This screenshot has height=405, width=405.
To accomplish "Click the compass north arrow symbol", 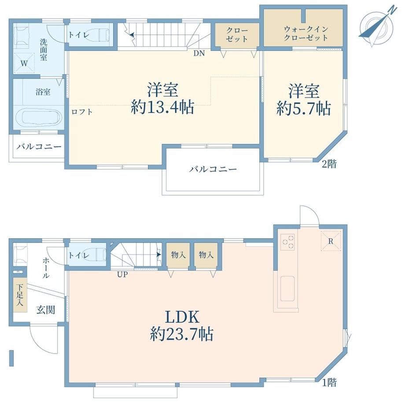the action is (376, 26).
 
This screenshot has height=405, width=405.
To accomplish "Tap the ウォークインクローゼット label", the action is (306, 33).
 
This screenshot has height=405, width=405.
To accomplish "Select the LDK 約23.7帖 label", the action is (182, 325).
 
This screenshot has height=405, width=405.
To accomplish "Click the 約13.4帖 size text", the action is (163, 107).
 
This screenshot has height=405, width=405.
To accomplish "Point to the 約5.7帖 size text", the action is (304, 108).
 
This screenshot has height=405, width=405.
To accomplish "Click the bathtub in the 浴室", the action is (39, 118).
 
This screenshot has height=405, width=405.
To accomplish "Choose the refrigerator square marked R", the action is (331, 241).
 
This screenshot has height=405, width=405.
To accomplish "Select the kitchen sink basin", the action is (288, 288).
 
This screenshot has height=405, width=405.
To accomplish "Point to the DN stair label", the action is (199, 53).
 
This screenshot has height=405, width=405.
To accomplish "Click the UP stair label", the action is (122, 274).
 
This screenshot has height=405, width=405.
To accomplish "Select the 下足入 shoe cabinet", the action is (20, 295).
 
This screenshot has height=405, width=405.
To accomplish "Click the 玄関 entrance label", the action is (46, 309).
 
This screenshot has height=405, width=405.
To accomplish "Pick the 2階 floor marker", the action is (329, 164).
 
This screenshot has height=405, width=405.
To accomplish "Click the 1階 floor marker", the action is (329, 382).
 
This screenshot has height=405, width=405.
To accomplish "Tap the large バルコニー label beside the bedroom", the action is (213, 169).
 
